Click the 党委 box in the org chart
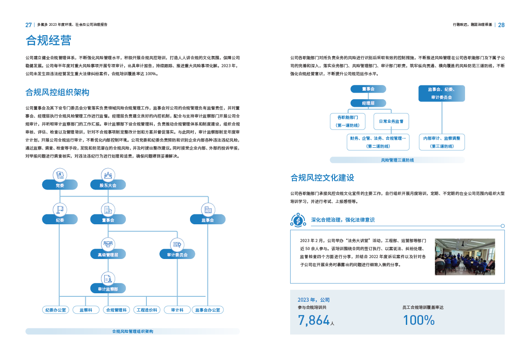(x=60, y=185)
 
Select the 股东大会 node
(x=108, y=185)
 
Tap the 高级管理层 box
(x=108, y=255)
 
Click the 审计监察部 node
(x=108, y=289)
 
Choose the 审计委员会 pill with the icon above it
(x=177, y=255)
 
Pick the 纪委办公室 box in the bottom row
(x=55, y=310)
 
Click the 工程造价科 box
(x=146, y=310)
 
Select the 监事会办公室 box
(x=208, y=310)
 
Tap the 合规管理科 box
(x=116, y=310)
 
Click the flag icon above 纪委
(x=60, y=209)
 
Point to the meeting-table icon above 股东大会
(x=108, y=174)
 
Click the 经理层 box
(x=368, y=103)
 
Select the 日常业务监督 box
(x=391, y=121)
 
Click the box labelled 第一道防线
(x=348, y=121)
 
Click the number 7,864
(x=314, y=320)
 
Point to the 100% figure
(x=418, y=320)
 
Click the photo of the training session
(x=465, y=257)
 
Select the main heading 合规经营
(x=48, y=41)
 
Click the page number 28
(x=501, y=25)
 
